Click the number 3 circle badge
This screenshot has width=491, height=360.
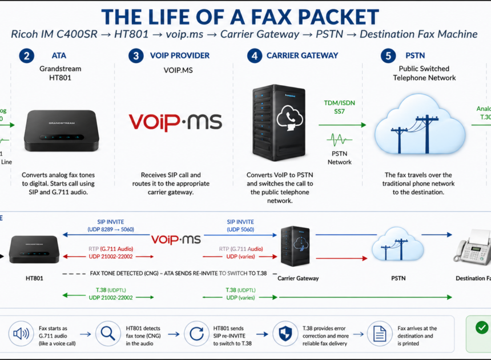coord(136,55)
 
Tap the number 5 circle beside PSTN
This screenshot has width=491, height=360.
coord(388,55)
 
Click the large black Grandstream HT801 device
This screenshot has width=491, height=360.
coord(61,130)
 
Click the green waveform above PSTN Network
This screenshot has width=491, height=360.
coord(340,139)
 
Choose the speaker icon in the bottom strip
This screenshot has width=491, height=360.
coord(21,333)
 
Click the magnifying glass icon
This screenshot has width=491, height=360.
coord(107,333)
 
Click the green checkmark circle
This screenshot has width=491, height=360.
coord(482,327)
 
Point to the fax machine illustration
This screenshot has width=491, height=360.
coord(473,248)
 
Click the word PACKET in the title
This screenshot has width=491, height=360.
coord(332,16)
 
